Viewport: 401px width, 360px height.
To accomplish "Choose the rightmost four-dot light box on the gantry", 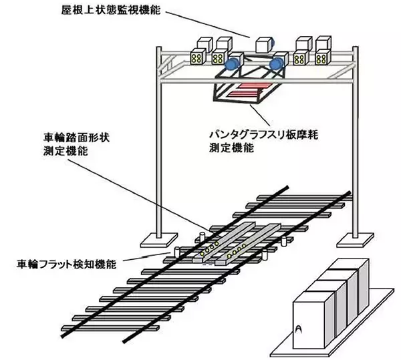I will pos(323,58).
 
